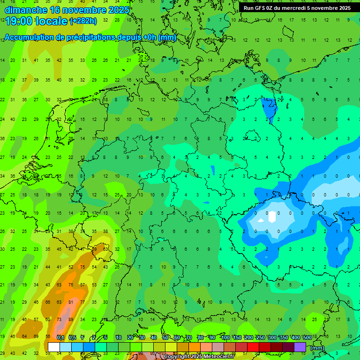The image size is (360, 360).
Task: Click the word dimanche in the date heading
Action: click(x=24, y=10)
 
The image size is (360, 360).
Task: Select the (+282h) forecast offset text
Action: click(x=83, y=21)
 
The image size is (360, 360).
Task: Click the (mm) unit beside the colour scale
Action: click(x=317, y=348)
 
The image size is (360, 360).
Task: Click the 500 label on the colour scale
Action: click(x=307, y=337)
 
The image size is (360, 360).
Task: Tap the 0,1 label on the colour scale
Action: click(x=60, y=337)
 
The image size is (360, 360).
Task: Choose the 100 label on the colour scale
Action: click(x=225, y=337)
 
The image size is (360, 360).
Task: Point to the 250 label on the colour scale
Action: click(x=260, y=337)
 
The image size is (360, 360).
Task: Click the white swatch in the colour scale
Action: click(x=53, y=347)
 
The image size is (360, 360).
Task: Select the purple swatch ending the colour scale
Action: click(x=300, y=347)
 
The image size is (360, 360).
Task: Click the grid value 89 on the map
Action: click(x=70, y=320)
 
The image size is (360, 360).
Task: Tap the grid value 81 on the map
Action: click(x=70, y=302)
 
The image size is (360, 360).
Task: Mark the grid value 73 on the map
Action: click(x=59, y=320)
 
